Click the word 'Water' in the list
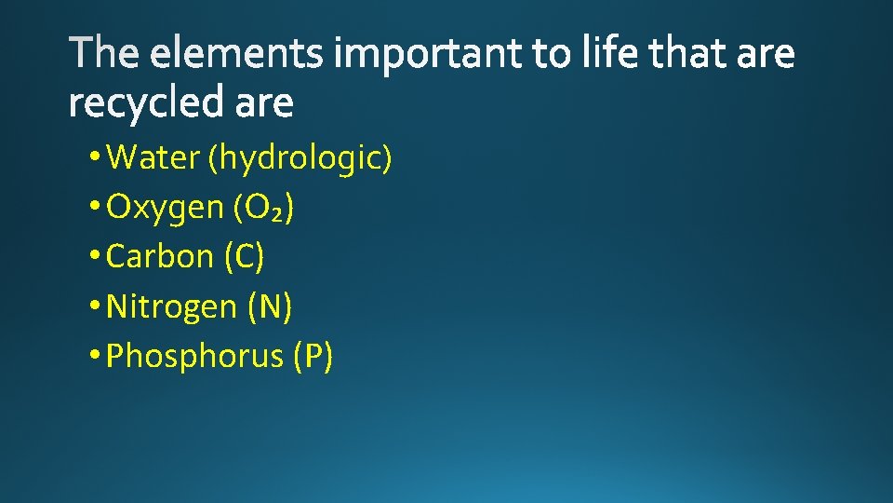pyautogui.click(x=154, y=158)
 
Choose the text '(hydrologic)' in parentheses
pyautogui.click(x=300, y=159)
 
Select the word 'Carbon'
pyautogui.click(x=161, y=257)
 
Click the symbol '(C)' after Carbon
pyautogui.click(x=245, y=257)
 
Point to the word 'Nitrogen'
pyautogui.click(x=172, y=306)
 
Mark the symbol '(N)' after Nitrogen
pyautogui.click(x=270, y=306)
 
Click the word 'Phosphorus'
pyautogui.click(x=194, y=356)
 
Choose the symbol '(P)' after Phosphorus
pyautogui.click(x=313, y=356)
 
